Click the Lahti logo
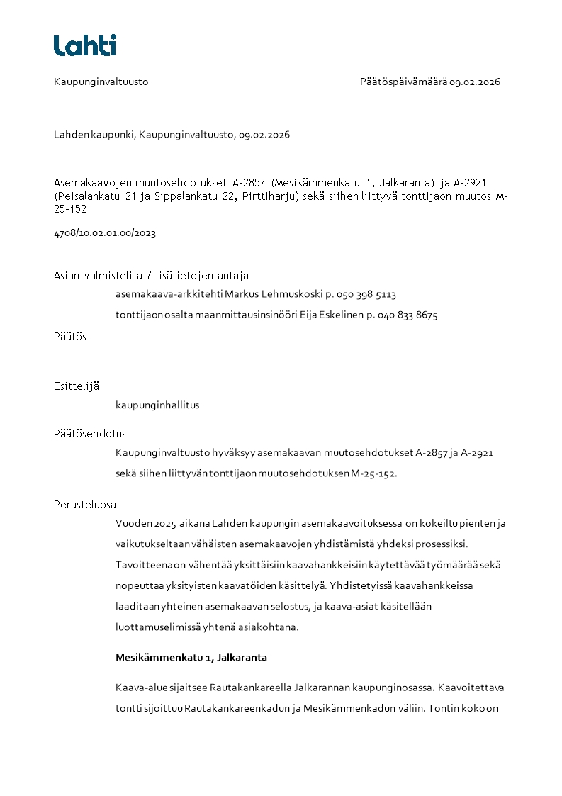85,45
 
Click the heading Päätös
70,337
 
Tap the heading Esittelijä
77,386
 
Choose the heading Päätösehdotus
90,434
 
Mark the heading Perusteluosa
85,505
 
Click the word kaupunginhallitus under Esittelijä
157,405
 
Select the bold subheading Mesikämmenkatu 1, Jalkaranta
191,657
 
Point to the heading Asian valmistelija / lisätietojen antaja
151,276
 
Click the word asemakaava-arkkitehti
169,294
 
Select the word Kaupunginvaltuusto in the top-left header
101,82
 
